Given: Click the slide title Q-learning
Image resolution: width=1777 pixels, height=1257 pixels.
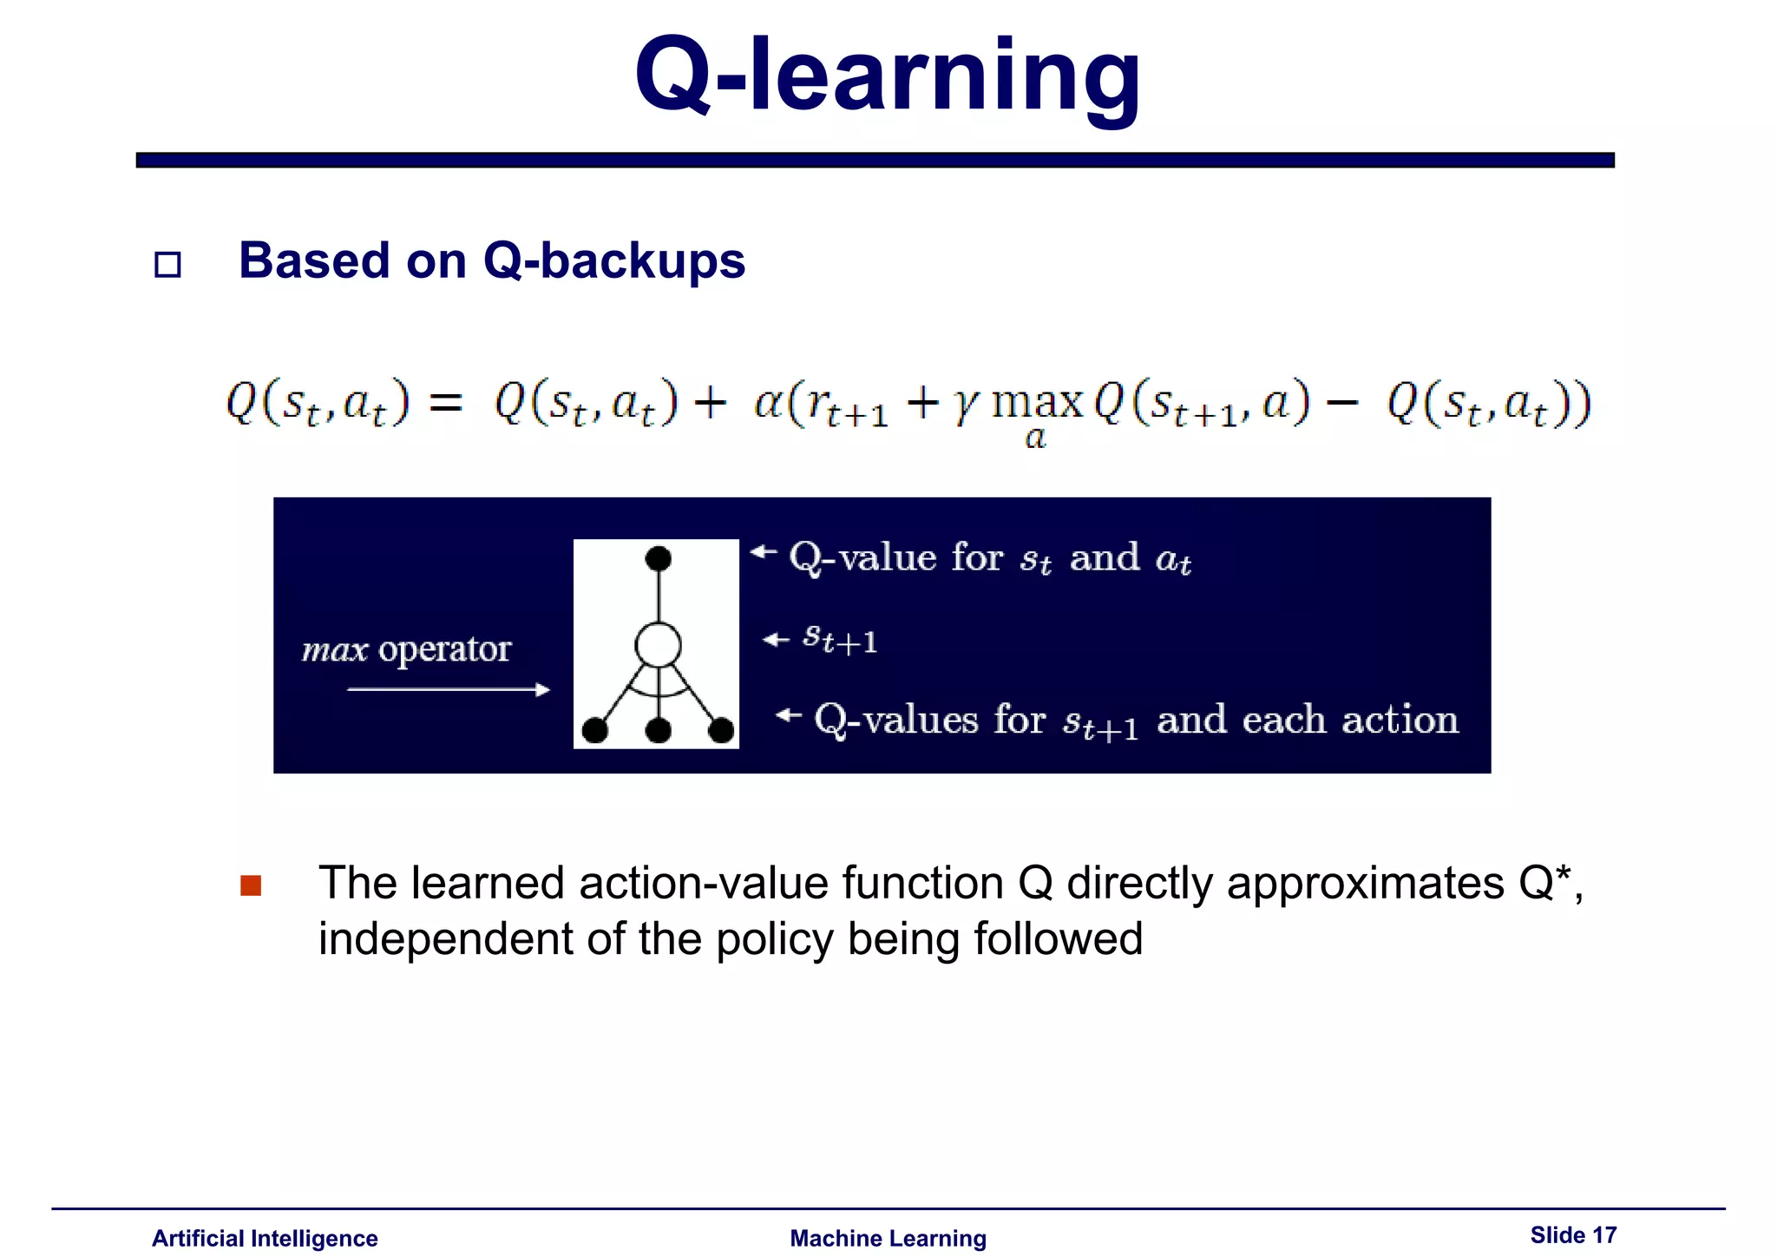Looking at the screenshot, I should [x=887, y=76].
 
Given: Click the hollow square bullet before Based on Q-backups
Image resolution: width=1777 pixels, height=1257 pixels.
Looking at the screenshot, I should [x=167, y=264].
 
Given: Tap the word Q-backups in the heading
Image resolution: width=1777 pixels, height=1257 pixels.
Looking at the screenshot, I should [x=613, y=260].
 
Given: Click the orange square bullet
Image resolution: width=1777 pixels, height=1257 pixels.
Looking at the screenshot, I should [x=251, y=885].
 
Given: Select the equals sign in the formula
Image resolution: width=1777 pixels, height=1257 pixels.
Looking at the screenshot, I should [x=446, y=404].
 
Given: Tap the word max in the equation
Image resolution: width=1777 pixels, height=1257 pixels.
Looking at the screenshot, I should [x=1037, y=403].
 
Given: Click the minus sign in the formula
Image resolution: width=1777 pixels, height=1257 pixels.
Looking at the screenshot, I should [x=1343, y=404].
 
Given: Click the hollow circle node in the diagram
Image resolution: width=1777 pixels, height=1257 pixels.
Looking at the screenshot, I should [x=658, y=645].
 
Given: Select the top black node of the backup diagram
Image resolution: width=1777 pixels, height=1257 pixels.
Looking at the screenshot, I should [x=659, y=558].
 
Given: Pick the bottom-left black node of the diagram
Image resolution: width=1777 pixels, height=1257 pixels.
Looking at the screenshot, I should [x=595, y=730].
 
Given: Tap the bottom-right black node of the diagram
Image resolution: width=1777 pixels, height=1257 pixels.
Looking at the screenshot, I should [x=721, y=730].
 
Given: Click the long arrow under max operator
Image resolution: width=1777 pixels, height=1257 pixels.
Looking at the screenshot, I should [x=448, y=690].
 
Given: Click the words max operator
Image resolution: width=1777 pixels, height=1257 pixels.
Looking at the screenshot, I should [x=406, y=648].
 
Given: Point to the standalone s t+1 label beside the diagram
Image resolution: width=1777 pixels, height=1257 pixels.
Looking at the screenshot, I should [x=839, y=639].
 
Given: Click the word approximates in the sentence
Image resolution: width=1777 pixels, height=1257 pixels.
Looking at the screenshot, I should [x=1365, y=884].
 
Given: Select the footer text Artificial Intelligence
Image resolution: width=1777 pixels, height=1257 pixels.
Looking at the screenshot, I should [x=265, y=1238].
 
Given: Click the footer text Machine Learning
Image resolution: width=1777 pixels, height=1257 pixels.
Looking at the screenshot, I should [x=888, y=1238].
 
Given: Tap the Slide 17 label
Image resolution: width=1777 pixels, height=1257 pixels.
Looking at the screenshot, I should [x=1572, y=1234].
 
